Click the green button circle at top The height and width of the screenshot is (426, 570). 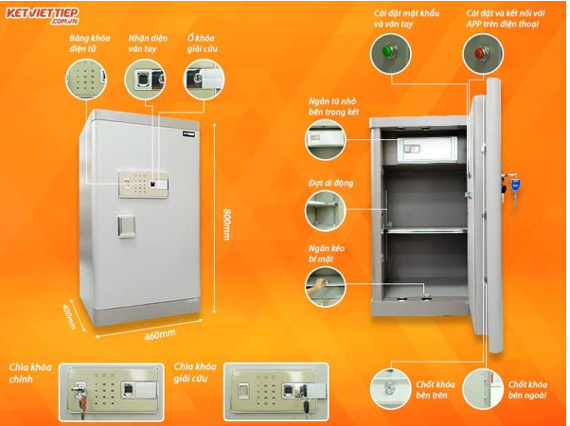pos(384,54)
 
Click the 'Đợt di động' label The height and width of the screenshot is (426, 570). pos(327,178)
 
